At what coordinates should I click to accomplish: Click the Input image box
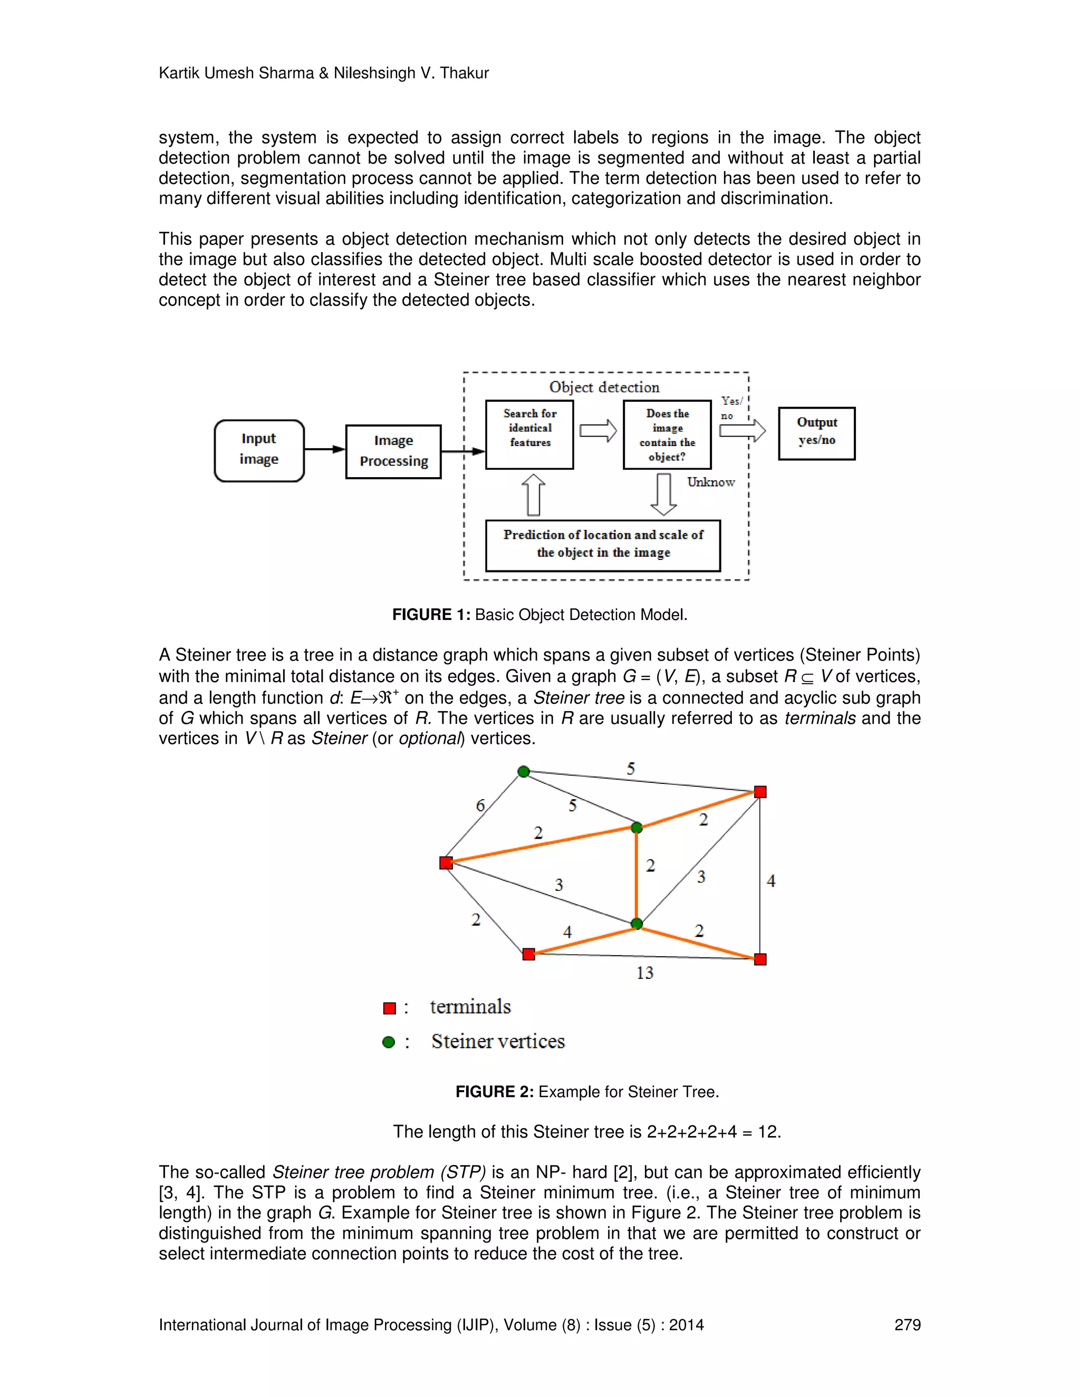tap(259, 450)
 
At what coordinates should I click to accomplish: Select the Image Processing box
tap(393, 452)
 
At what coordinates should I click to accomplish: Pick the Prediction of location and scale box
tap(603, 545)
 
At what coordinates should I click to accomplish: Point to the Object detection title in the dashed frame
tap(604, 387)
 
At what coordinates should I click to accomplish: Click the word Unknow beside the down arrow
tap(711, 482)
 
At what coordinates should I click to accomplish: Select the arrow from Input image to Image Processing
tap(324, 449)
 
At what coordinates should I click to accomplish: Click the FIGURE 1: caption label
tap(431, 615)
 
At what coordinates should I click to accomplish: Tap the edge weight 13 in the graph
tap(644, 973)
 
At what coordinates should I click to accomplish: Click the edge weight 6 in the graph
tap(480, 806)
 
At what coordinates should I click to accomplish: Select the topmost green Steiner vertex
tap(523, 771)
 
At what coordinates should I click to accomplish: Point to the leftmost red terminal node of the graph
tap(447, 863)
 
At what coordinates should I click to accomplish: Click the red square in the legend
tap(389, 1008)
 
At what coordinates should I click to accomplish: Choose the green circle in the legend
tap(388, 1042)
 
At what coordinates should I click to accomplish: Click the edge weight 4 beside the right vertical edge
tap(771, 881)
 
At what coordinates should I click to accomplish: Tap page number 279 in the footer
tap(907, 1325)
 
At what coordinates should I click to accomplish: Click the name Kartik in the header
tap(179, 73)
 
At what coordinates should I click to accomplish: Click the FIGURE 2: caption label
tap(494, 1092)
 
